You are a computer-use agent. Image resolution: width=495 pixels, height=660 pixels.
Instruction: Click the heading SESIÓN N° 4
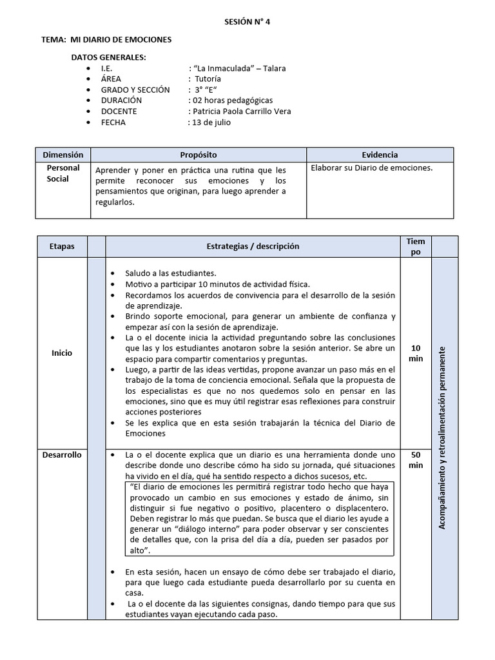point(247,21)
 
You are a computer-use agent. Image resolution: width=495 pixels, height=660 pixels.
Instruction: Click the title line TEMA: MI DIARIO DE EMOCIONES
point(106,39)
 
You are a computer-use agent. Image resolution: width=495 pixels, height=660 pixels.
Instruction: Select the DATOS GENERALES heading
point(108,57)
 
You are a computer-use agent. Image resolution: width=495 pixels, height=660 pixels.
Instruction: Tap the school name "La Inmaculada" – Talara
point(237,68)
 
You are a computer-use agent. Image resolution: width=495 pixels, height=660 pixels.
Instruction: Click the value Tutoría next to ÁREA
point(208,79)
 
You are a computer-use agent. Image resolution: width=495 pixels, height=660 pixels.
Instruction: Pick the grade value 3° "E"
point(203,90)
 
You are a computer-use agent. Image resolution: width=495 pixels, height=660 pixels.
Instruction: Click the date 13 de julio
point(209,122)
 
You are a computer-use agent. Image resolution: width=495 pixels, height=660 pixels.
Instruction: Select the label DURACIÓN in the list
point(122,101)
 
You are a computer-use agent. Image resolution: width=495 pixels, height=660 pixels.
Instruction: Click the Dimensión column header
point(63,155)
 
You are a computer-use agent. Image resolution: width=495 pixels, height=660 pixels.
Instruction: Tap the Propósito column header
point(198,155)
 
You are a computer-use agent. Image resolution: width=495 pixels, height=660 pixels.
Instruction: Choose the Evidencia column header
point(380,155)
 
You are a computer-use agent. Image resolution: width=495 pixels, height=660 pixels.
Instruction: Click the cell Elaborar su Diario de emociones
point(371,168)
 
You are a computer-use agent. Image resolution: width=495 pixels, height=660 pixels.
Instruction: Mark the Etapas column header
point(63,246)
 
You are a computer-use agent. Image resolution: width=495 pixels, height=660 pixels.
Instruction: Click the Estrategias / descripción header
point(253,246)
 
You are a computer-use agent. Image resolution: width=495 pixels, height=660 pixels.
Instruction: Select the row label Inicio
point(63,353)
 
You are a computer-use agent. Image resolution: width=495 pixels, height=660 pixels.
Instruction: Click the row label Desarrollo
point(63,454)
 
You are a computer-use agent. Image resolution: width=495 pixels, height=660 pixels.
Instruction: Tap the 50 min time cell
point(416,460)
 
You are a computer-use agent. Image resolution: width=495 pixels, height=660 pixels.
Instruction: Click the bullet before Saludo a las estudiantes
point(113,273)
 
